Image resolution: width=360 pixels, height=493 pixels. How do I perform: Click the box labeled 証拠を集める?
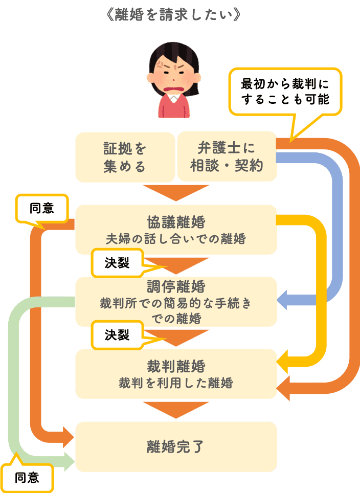(125, 157)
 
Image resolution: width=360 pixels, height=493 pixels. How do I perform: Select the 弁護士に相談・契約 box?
(226, 156)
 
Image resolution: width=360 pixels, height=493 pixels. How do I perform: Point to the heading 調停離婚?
(176, 285)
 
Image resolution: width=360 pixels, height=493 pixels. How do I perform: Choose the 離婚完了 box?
(176, 446)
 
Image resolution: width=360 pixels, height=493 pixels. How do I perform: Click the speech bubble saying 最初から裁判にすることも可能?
(285, 91)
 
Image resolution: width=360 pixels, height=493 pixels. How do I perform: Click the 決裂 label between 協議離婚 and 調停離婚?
(117, 262)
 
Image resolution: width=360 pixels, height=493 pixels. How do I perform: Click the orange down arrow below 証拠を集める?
(176, 192)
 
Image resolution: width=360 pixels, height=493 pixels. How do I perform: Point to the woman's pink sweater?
(173, 107)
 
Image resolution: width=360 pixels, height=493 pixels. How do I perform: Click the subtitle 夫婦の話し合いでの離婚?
(176, 239)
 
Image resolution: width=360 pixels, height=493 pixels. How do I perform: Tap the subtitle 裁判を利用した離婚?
(176, 383)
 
